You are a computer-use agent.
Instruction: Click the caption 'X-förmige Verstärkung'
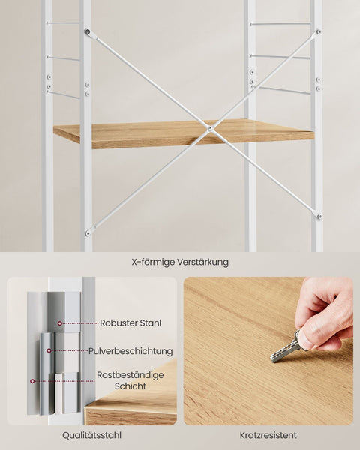pos(180,262)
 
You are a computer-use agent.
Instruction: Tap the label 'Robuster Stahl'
pos(130,323)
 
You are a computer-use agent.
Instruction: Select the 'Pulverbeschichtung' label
pos(130,350)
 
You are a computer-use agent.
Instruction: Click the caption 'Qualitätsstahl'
pos(92,434)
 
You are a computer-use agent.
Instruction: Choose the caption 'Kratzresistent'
pos(268,434)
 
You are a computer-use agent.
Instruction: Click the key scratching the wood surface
pos(286,349)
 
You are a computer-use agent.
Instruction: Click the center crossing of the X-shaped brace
pos(210,129)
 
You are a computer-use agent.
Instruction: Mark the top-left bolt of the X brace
pos(88,32)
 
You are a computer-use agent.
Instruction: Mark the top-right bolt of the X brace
pos(318,32)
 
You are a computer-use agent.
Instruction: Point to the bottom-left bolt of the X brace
pos(88,232)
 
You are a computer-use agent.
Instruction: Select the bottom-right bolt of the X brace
pos(319,217)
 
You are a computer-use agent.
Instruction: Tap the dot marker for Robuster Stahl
pos(57,323)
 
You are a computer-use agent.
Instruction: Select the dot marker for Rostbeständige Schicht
pos(31,380)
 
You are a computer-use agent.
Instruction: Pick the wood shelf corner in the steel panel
pos(131,409)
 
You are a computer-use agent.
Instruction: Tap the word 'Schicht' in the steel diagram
pos(130,386)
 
